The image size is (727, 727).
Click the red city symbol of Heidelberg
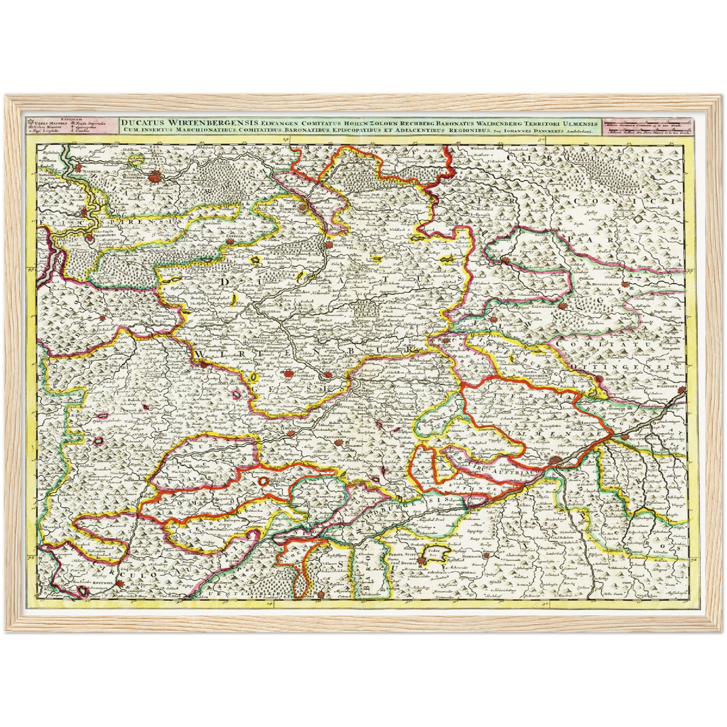[155, 176]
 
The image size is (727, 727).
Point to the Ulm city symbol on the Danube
[554, 460]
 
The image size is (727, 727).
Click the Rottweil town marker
[121, 584]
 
